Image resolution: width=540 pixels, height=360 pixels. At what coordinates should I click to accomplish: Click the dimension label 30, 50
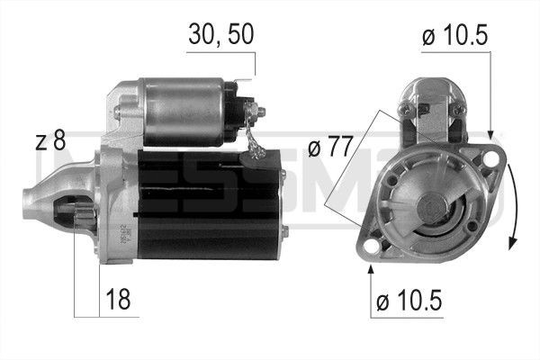220,34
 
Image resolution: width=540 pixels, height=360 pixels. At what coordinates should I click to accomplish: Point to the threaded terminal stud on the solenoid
261,112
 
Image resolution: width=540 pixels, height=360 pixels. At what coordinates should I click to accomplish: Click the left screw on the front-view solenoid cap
403,110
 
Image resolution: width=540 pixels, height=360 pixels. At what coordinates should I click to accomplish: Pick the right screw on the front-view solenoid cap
457,109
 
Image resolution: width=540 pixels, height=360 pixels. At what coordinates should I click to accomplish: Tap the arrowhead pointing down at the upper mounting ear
490,135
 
